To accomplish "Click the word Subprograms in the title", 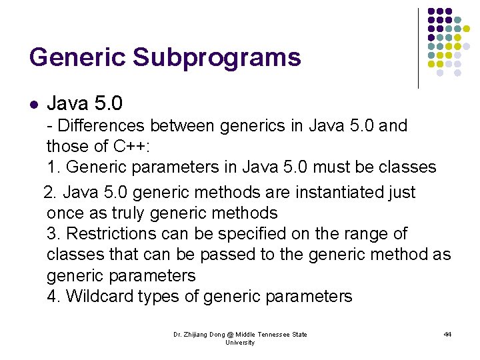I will point(217,58).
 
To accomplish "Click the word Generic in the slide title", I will point(77,58).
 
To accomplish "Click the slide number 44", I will point(447,334).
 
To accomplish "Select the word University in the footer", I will point(240,343).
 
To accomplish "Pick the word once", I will point(63,213).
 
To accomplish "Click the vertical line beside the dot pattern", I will point(418,48).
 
